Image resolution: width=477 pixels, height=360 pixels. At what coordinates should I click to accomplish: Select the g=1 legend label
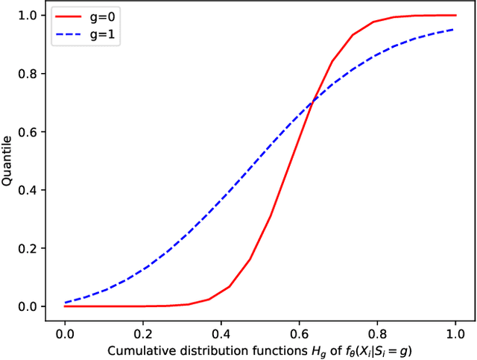(101, 34)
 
